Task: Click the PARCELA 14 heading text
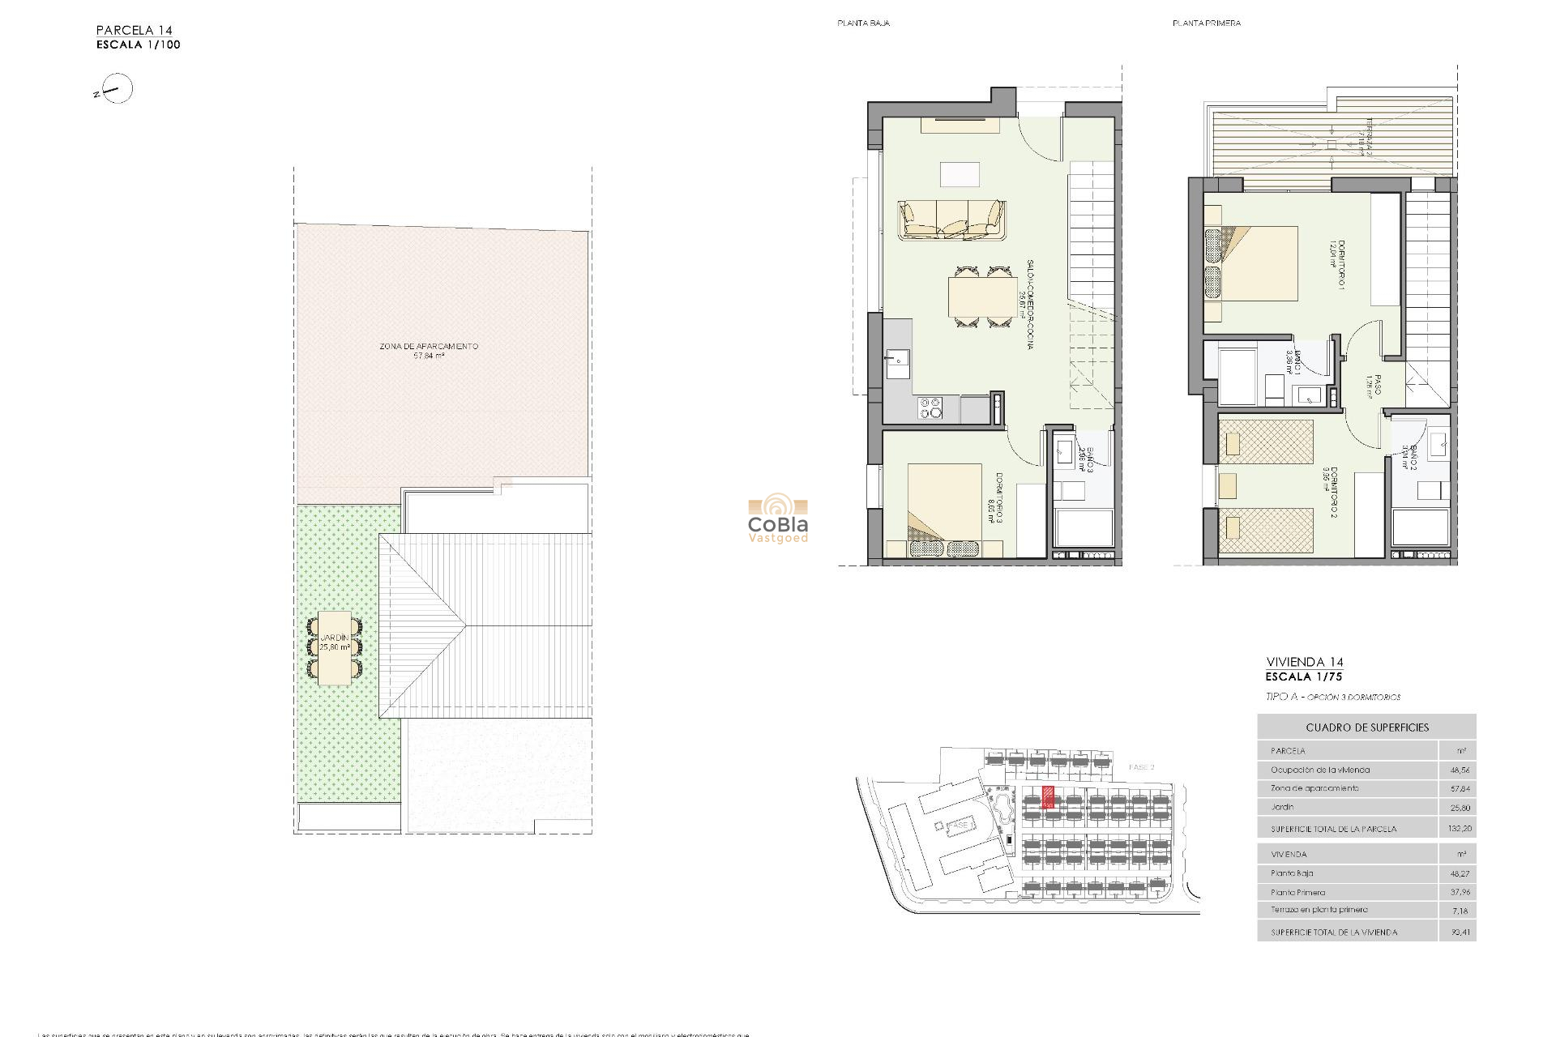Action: point(135,30)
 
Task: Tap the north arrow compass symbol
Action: point(118,90)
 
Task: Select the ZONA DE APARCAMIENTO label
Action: point(429,346)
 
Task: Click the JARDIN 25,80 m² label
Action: point(335,643)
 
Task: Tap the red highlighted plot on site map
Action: point(1048,797)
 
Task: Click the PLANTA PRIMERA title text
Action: point(1206,23)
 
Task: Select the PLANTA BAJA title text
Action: point(863,23)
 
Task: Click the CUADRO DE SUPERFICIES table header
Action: point(1367,728)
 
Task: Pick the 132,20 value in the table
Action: point(1460,829)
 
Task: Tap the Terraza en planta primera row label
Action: point(1319,910)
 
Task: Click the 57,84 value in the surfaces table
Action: point(1460,788)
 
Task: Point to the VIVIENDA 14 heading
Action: point(1304,662)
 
